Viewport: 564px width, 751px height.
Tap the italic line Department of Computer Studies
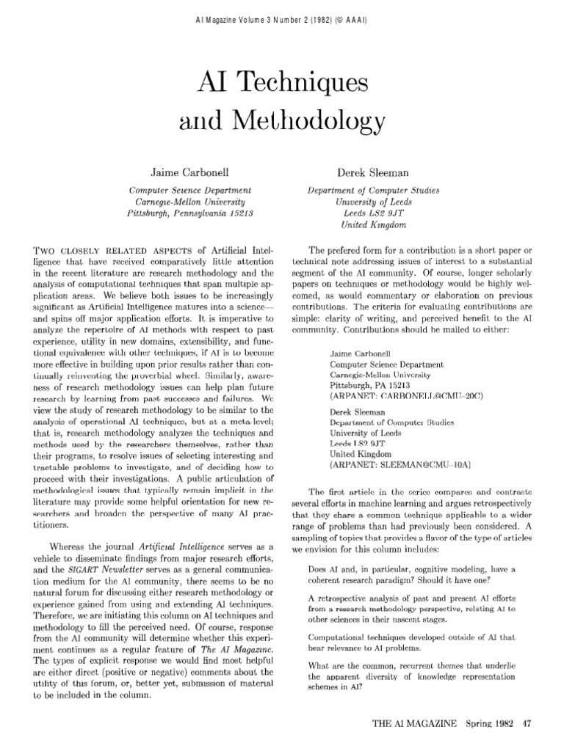(x=373, y=190)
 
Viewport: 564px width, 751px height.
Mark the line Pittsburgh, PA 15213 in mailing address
(x=370, y=384)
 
